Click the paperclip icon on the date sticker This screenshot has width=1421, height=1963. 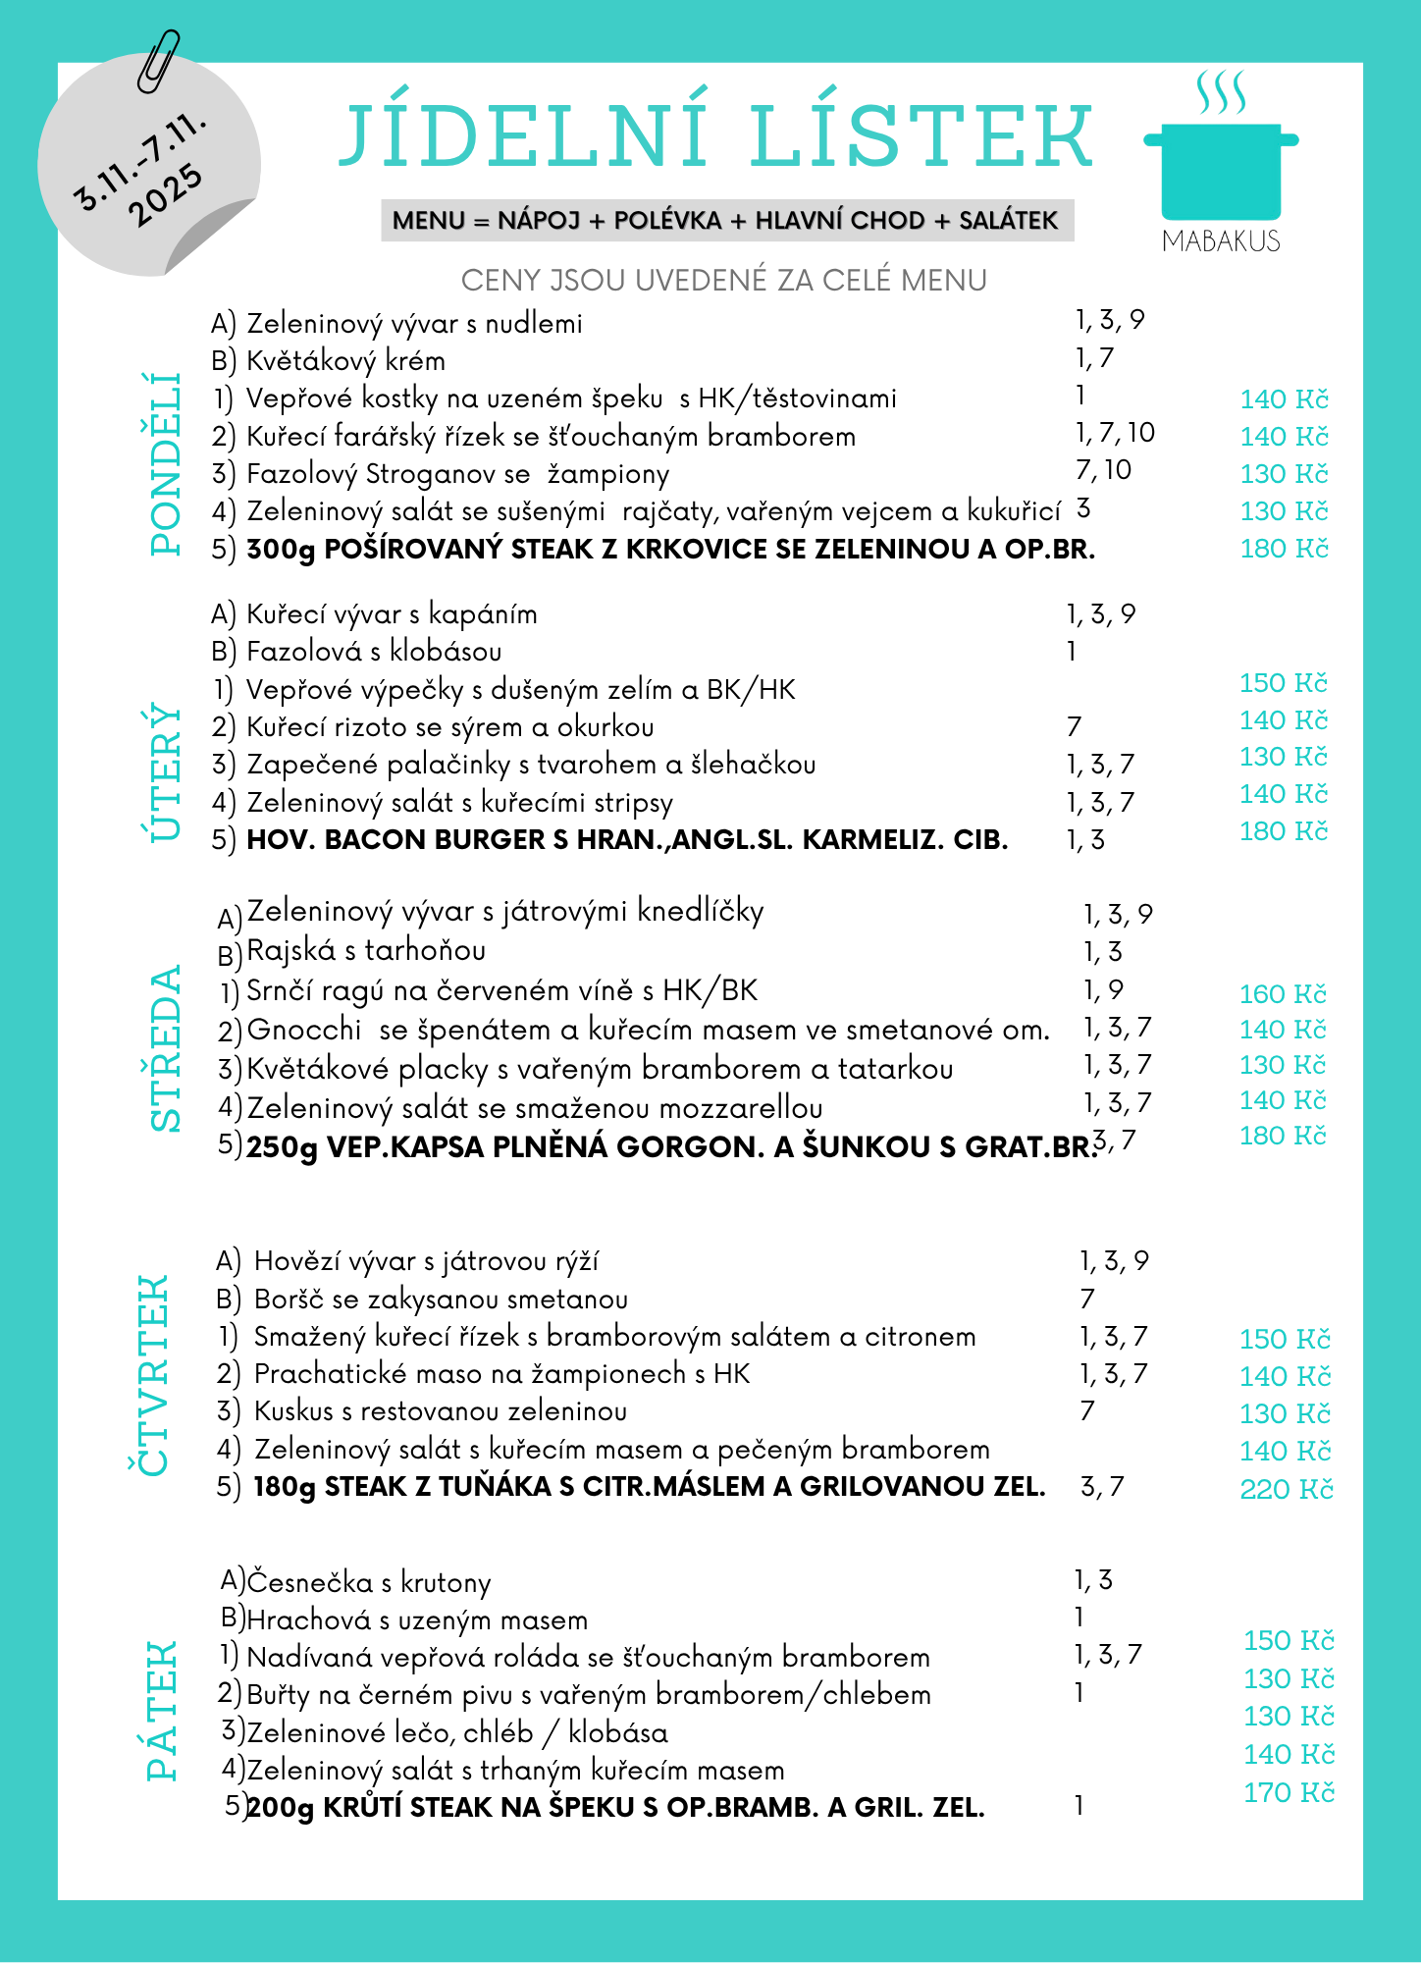coord(159,61)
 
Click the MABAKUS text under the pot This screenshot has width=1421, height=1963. coord(1221,241)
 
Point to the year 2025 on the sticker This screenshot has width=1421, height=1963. coord(166,195)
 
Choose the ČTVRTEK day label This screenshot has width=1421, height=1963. coord(149,1374)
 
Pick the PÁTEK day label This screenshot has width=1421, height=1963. coord(163,1711)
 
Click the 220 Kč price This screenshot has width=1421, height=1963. coord(1286,1490)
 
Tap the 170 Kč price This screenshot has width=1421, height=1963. coord(1289,1793)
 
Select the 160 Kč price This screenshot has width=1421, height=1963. coord(1283,994)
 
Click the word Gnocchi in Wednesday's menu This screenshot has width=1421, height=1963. coord(304,1030)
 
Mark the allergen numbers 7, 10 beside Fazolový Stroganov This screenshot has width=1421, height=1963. coord(1103,470)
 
